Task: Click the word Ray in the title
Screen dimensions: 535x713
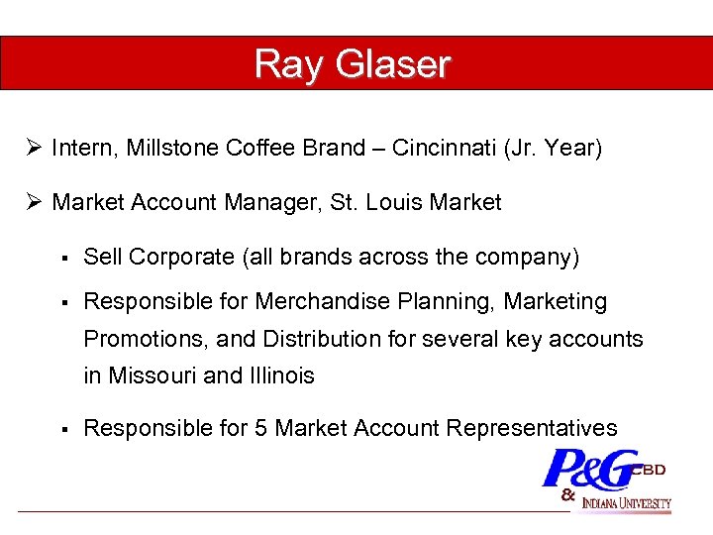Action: tap(286, 64)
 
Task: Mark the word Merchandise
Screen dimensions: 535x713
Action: tap(322, 301)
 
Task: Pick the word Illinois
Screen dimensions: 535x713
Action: tap(279, 375)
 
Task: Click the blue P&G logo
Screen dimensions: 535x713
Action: tap(590, 468)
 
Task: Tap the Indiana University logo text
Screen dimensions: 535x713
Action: tap(627, 502)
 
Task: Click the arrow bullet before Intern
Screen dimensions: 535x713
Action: tap(34, 149)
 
